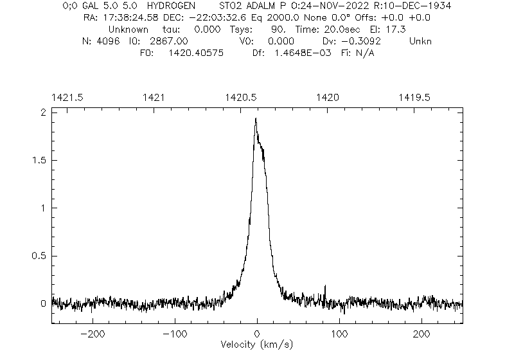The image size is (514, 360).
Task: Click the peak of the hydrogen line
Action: [x=256, y=119]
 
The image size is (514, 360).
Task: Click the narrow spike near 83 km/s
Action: [x=325, y=287]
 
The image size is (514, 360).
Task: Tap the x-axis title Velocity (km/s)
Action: [x=257, y=345]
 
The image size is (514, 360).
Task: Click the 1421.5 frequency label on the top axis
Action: [x=66, y=97]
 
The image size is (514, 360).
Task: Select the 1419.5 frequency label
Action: [x=415, y=97]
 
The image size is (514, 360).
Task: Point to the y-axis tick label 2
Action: [x=43, y=113]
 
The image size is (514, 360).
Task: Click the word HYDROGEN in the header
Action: [x=172, y=6]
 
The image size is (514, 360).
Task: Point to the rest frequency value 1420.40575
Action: [x=195, y=53]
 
